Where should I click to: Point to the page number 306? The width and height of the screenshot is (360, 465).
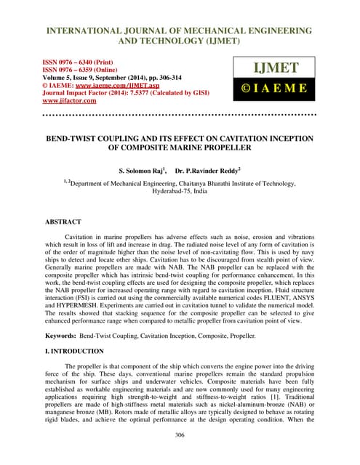[180, 435]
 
